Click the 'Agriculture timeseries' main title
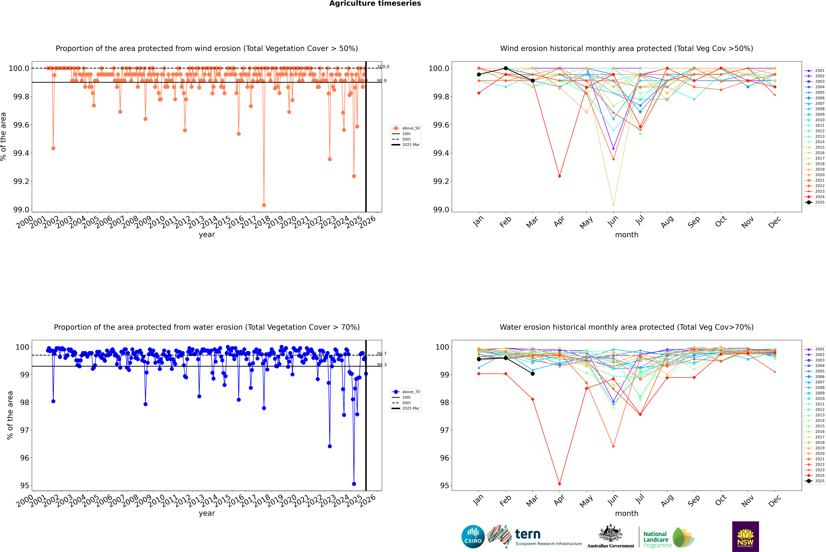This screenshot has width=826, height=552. pyautogui.click(x=375, y=3)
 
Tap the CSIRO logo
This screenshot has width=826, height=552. pyautogui.click(x=473, y=537)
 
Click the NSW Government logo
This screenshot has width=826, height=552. pyautogui.click(x=745, y=537)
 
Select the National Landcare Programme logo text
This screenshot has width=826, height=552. pyautogui.click(x=656, y=539)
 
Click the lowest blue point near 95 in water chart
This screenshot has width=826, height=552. pyautogui.click(x=354, y=484)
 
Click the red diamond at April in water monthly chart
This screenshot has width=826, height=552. pyautogui.click(x=559, y=484)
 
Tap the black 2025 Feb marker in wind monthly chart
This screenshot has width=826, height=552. pyautogui.click(x=506, y=68)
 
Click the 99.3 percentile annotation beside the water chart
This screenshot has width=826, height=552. pyautogui.click(x=382, y=365)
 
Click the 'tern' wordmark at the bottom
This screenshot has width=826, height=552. pyautogui.click(x=527, y=534)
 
